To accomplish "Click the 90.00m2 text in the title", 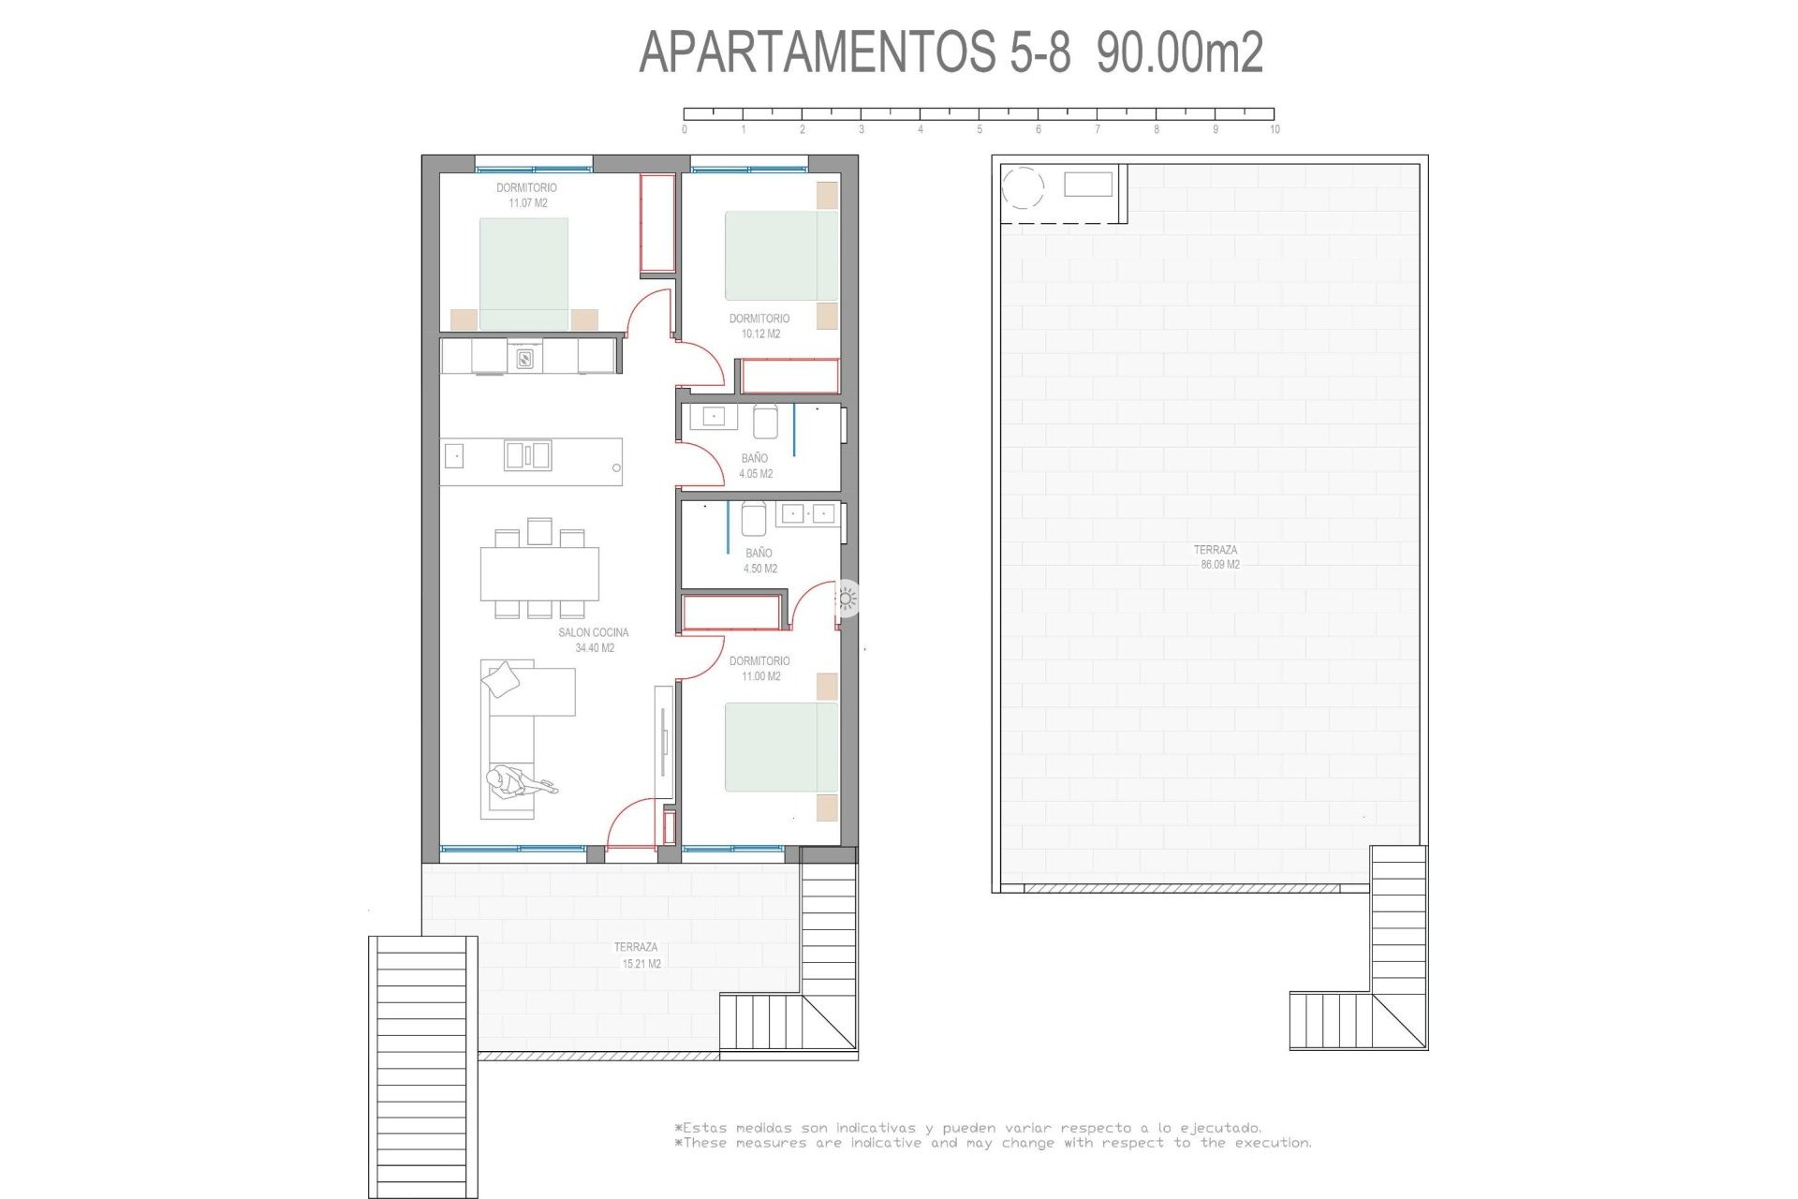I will (1180, 52).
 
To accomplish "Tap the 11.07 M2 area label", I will (528, 203).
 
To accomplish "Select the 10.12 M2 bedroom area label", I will (760, 334).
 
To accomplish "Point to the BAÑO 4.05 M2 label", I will (755, 466).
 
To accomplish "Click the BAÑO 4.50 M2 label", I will (759, 561).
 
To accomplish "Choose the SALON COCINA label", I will (594, 633).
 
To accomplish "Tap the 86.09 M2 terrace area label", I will (1220, 566).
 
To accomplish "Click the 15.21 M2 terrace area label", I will (641, 964).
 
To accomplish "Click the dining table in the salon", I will (539, 573).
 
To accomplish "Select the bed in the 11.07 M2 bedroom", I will (523, 274).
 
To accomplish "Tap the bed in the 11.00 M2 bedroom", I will (781, 748).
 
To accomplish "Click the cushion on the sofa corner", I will (504, 678).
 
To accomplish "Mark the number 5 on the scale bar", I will (980, 129).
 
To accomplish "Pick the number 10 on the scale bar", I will (1275, 129).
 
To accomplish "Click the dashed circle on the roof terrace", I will (1023, 187).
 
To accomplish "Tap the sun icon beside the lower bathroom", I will (847, 599).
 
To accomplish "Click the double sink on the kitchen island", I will (527, 455).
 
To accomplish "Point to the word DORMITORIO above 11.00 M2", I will (759, 661).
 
